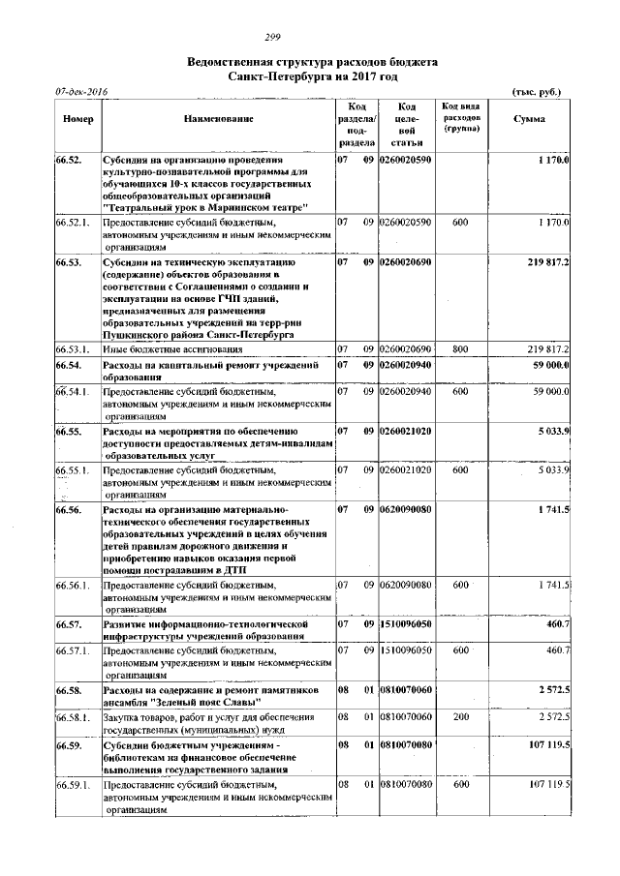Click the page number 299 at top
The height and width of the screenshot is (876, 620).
coord(312,37)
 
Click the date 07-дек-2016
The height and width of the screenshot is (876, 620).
coord(81,91)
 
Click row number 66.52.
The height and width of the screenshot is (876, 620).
coord(69,159)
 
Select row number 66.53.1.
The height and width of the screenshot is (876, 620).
coord(73,347)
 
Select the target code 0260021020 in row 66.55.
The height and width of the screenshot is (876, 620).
coord(406,428)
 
